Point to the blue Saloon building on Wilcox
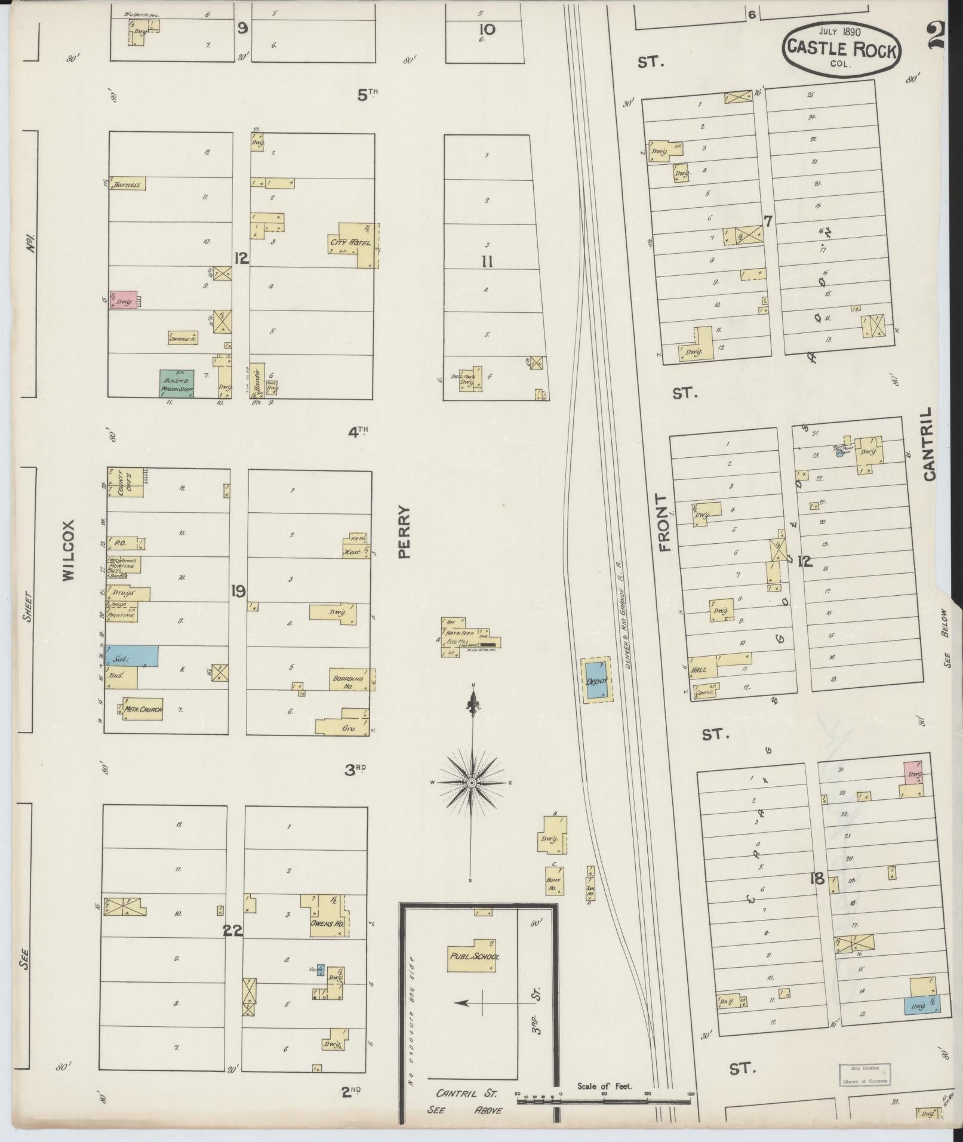(x=133, y=655)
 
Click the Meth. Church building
(x=143, y=709)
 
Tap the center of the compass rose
(x=472, y=783)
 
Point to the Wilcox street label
(x=69, y=550)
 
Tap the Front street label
(x=664, y=522)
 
